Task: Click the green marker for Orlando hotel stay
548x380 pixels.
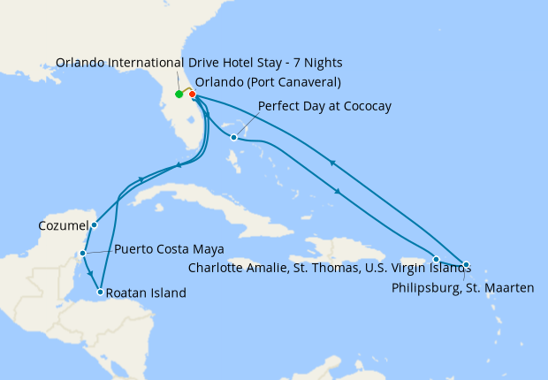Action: coord(179,94)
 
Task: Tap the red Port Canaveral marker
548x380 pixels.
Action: coord(192,95)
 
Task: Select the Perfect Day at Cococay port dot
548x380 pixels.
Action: coord(233,137)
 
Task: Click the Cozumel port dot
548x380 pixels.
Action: coord(95,224)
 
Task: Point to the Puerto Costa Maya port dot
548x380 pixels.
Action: coord(82,254)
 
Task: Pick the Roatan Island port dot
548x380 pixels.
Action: coord(101,292)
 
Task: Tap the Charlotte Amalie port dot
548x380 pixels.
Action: coord(436,259)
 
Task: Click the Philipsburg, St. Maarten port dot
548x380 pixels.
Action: coord(466,264)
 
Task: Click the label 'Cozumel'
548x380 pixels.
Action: coord(65,225)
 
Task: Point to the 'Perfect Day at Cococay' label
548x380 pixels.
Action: coord(324,106)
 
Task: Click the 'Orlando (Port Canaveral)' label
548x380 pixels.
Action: coord(268,82)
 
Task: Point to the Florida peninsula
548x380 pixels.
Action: coord(182,115)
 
